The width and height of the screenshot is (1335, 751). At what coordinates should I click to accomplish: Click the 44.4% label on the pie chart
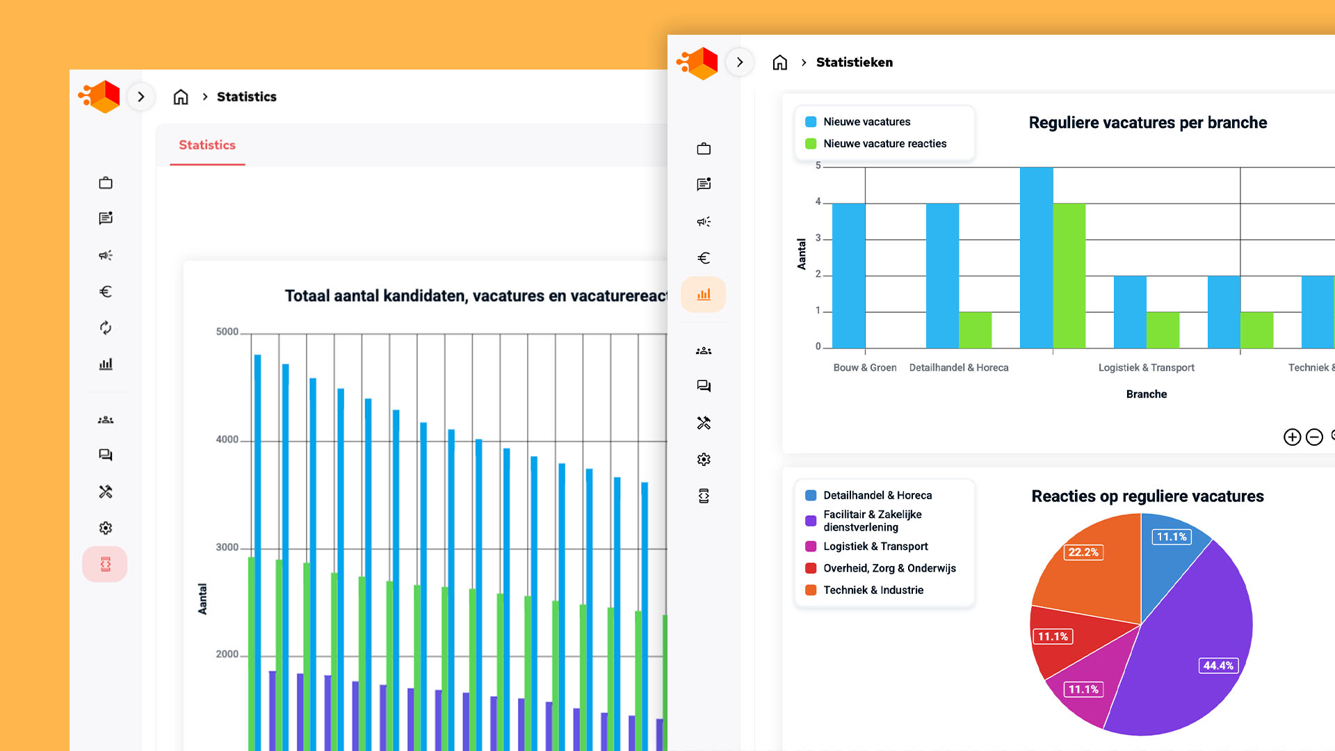pos(1218,665)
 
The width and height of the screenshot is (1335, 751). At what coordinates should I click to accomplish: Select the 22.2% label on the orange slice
pos(1083,552)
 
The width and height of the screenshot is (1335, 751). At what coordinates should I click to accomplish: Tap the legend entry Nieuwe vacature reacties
pos(884,144)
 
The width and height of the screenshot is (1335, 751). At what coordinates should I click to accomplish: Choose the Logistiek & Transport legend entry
pos(875,547)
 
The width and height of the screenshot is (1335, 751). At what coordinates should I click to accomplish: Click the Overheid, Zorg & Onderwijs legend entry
pos(889,568)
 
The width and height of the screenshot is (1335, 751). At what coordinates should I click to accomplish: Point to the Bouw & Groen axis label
pos(864,368)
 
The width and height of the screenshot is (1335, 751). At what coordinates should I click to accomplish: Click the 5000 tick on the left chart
pos(227,332)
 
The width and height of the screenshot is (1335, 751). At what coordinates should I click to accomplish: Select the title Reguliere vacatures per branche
pos(1147,123)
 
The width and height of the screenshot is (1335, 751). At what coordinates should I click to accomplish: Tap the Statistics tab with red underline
pos(207,145)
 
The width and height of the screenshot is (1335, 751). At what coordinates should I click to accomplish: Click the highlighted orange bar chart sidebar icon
pos(704,295)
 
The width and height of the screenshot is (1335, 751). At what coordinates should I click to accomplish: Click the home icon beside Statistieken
pos(780,63)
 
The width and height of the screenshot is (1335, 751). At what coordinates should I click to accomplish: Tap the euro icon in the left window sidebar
pos(106,291)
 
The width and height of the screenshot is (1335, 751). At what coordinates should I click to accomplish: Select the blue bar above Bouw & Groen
pos(848,275)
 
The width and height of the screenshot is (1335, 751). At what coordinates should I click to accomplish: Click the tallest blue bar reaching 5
pos(1036,257)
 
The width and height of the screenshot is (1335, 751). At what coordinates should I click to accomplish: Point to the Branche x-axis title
pos(1146,394)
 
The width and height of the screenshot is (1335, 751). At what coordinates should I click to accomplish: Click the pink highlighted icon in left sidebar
pos(105,564)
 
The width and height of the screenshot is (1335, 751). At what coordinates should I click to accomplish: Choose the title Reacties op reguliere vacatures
pos(1147,496)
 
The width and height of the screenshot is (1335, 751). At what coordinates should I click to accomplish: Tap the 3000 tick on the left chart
pos(227,548)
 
